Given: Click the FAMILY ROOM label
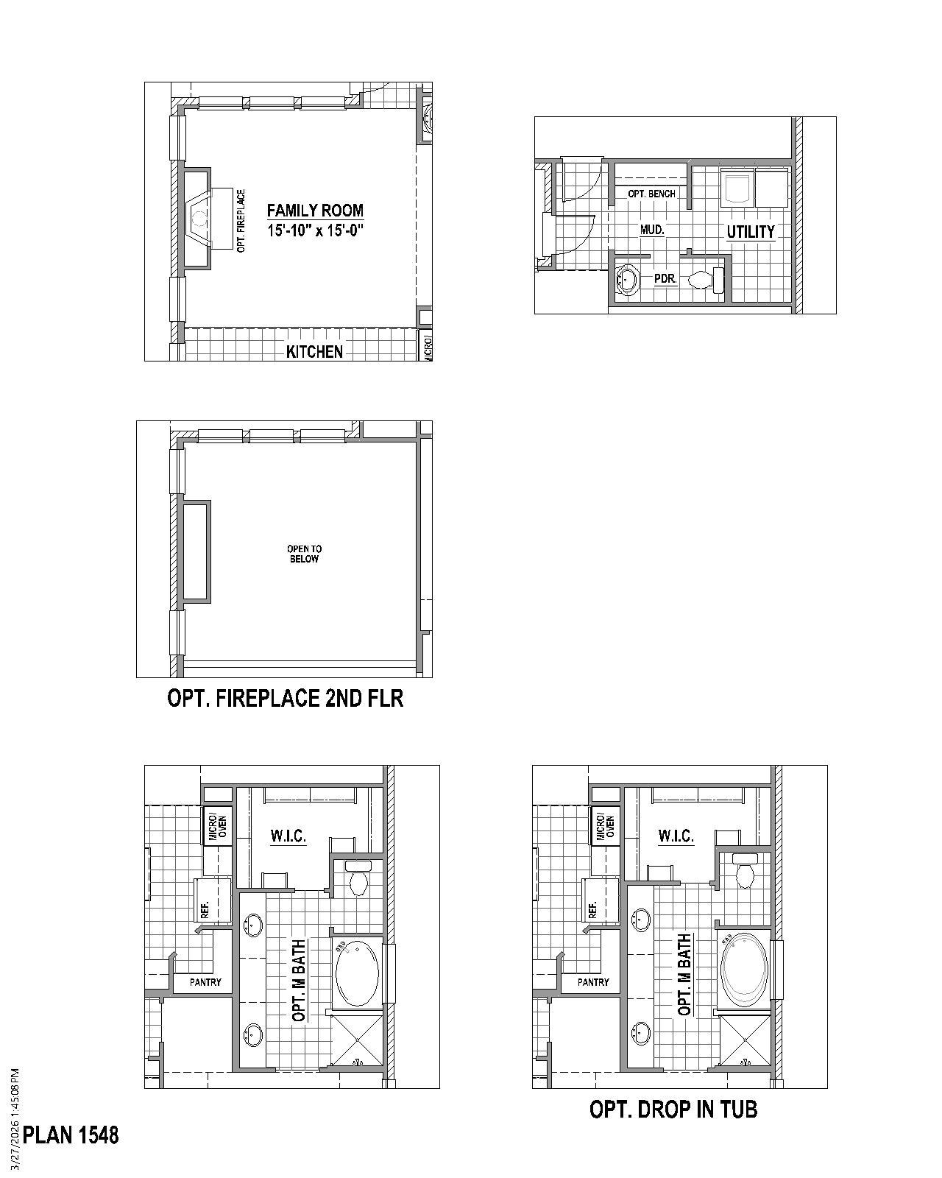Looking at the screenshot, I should tap(315, 211).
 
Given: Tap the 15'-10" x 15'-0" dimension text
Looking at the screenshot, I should tap(315, 230).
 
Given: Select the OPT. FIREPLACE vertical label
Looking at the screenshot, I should tap(241, 221).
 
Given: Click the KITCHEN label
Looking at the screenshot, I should tap(314, 352).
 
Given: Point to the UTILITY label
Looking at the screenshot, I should tap(751, 232).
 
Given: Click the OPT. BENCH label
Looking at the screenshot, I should tap(651, 194).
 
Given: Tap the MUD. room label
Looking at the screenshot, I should tap(652, 230).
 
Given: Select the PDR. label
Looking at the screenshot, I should tap(665, 279).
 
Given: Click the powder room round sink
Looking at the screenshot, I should tap(628, 281).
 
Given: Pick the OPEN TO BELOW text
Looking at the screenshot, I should tap(304, 554).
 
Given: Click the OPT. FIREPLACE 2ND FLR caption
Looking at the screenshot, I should tap(286, 698).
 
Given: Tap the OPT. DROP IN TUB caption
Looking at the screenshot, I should tap(673, 1109).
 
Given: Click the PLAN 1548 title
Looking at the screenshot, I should tap(71, 1135).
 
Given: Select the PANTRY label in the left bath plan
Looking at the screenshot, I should tap(205, 982).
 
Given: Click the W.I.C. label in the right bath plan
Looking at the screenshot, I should tap(676, 836).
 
